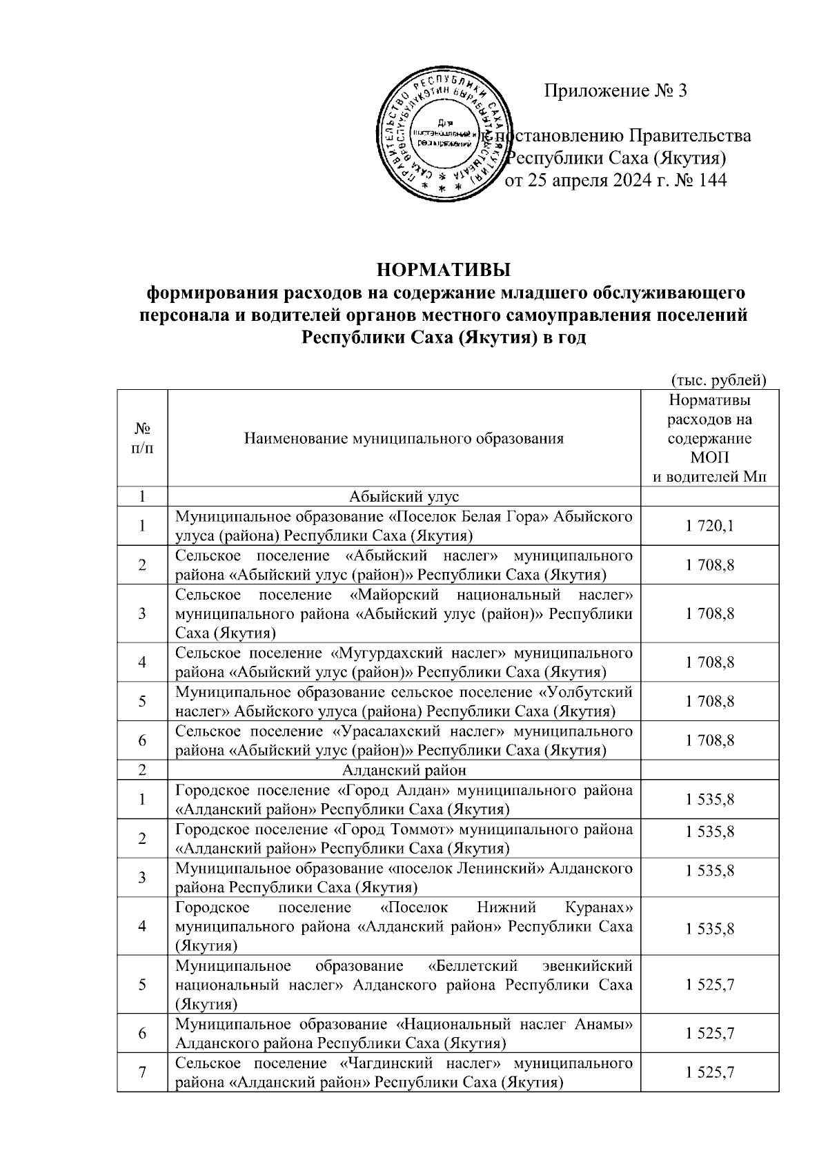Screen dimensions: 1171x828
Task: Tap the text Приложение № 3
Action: click(x=616, y=90)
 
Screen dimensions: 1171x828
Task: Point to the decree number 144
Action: click(x=712, y=181)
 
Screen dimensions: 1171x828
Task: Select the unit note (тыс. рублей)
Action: click(x=719, y=380)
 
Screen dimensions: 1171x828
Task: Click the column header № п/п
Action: click(x=142, y=438)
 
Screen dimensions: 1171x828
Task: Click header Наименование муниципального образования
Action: click(x=404, y=438)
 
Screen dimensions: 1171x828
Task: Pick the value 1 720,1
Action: click(x=710, y=526)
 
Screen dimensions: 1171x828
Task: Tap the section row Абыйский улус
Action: click(x=404, y=496)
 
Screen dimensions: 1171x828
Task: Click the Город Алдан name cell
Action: click(x=404, y=799)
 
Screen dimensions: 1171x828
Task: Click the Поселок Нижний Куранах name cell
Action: click(x=404, y=925)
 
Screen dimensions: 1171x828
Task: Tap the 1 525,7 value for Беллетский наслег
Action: click(x=710, y=984)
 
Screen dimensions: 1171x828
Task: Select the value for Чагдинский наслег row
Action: click(x=710, y=1072)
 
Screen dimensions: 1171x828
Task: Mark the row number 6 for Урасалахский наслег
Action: click(x=142, y=740)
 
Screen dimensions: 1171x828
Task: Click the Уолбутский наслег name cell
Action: click(x=404, y=701)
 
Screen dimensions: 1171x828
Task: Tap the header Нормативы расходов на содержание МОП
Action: click(x=710, y=438)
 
